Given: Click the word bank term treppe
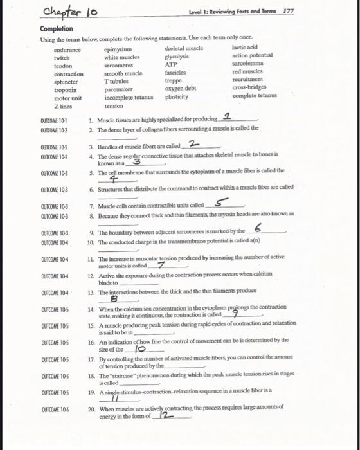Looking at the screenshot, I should point(174,81).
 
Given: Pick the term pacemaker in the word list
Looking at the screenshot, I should point(120,89).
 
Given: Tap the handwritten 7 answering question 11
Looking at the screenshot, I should point(161,265).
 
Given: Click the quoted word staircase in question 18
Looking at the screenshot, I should point(127,373).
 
